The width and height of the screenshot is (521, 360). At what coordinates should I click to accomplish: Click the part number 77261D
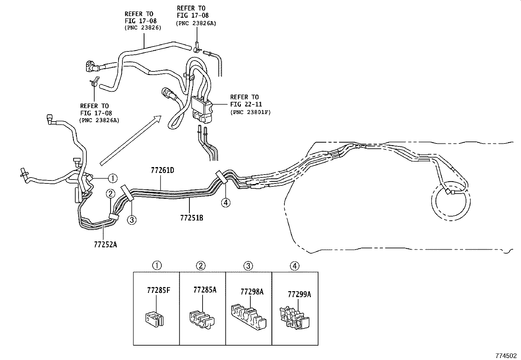[x=162, y=171]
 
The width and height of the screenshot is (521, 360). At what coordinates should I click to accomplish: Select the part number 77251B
[x=191, y=218]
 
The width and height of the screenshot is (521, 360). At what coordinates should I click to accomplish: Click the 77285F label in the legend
[x=158, y=290]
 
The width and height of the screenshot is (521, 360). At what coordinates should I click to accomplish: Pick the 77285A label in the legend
[x=205, y=290]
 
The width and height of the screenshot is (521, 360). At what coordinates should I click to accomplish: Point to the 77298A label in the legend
[x=252, y=292]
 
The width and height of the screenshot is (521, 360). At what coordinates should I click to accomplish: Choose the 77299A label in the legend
[x=299, y=294]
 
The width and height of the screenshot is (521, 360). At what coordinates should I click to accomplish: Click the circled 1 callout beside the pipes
[x=112, y=178]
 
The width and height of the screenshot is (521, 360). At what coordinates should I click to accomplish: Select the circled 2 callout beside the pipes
[x=111, y=194]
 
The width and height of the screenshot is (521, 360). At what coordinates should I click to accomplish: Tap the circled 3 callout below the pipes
[x=132, y=220]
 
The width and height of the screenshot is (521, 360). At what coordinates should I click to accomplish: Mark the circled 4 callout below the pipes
[x=225, y=203]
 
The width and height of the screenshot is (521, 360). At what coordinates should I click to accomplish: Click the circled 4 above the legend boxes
[x=295, y=266]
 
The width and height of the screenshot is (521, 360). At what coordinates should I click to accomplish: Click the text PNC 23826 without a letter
[x=143, y=28]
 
